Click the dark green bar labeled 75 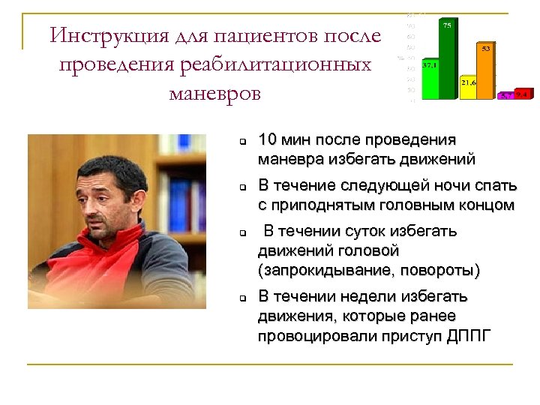[x=448, y=60]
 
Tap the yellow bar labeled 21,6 [x=469, y=87]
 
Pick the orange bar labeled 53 [x=486, y=70]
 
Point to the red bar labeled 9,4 [x=523, y=95]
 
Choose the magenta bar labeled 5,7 [x=506, y=96]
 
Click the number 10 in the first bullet [x=268, y=140]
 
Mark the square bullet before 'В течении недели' [x=243, y=298]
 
